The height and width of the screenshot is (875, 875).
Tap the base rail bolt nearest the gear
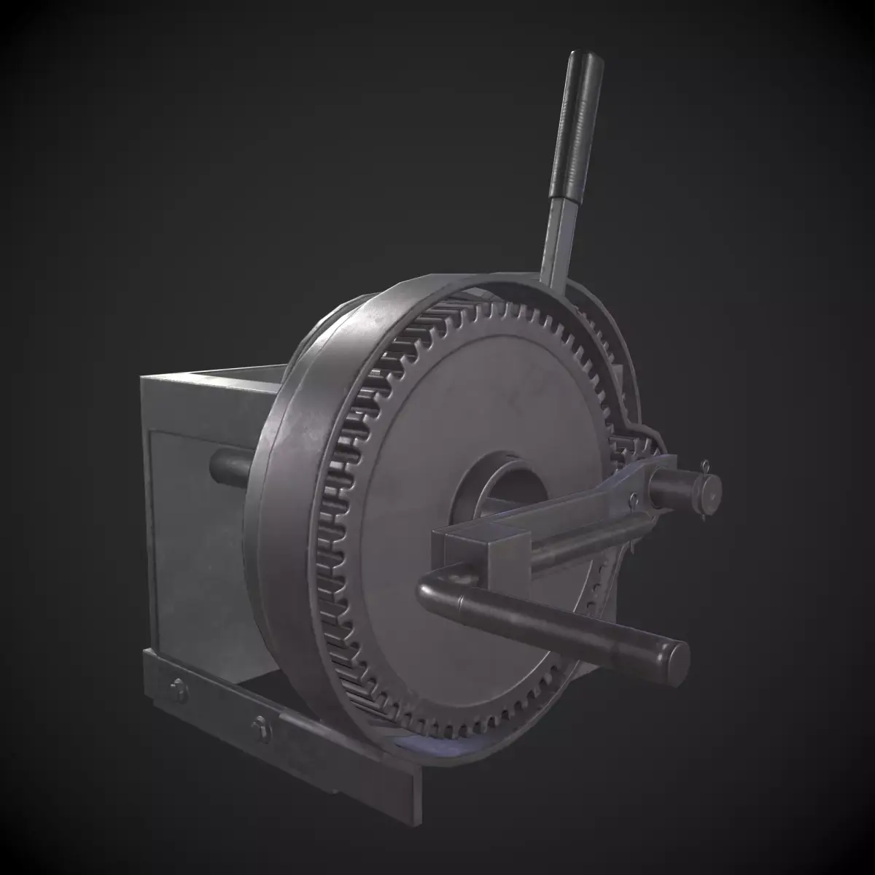coord(260,726)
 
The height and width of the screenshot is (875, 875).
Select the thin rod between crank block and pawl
coord(576,543)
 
